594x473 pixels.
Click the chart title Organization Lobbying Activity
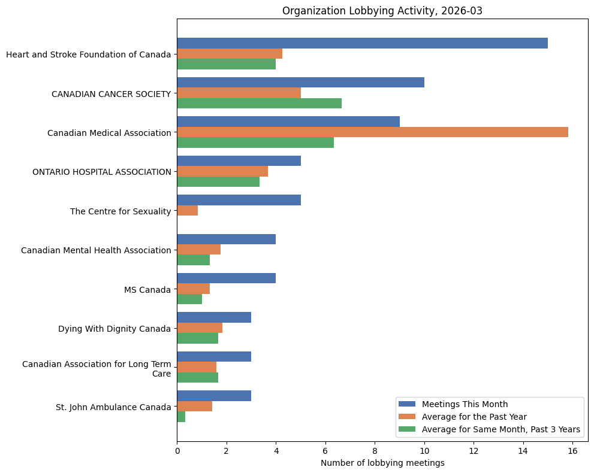coord(382,11)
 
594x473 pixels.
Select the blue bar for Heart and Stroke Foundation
coord(362,43)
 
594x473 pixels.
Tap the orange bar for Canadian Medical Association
coord(372,132)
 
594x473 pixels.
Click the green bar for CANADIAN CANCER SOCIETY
coord(259,103)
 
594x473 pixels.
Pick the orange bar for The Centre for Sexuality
coord(187,211)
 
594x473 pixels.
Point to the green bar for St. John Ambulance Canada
coord(181,417)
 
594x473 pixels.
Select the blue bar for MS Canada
coord(226,278)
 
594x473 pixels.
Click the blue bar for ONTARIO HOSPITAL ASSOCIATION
coord(239,161)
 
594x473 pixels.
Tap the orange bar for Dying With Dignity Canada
coord(200,328)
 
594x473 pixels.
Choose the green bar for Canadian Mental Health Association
coord(193,260)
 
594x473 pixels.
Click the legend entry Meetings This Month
coord(465,404)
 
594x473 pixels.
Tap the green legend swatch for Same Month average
coord(407,429)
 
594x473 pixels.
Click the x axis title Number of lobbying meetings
coord(382,463)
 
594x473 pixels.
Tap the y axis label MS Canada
coord(147,290)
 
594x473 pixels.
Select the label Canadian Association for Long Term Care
coord(97,369)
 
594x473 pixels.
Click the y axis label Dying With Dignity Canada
coord(114,329)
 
